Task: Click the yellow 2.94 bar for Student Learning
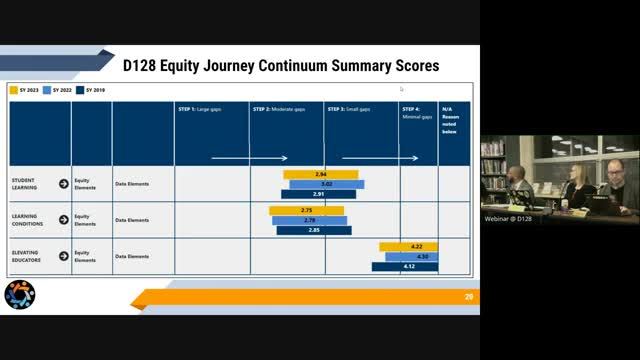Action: [x=320, y=174]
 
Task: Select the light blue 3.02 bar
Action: [x=327, y=184]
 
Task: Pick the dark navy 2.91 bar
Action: [x=317, y=194]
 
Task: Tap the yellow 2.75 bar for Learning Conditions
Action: [x=306, y=210]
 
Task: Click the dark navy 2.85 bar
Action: [x=313, y=230]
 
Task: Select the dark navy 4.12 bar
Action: [x=405, y=266]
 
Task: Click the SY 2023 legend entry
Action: [x=25, y=90]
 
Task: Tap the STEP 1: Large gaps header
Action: [x=200, y=108]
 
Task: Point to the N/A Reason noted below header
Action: [x=453, y=119]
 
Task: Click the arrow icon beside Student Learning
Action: [x=64, y=184]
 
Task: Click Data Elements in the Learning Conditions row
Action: [x=131, y=220]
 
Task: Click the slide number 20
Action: [x=468, y=297]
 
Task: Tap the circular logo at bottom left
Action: [x=19, y=295]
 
